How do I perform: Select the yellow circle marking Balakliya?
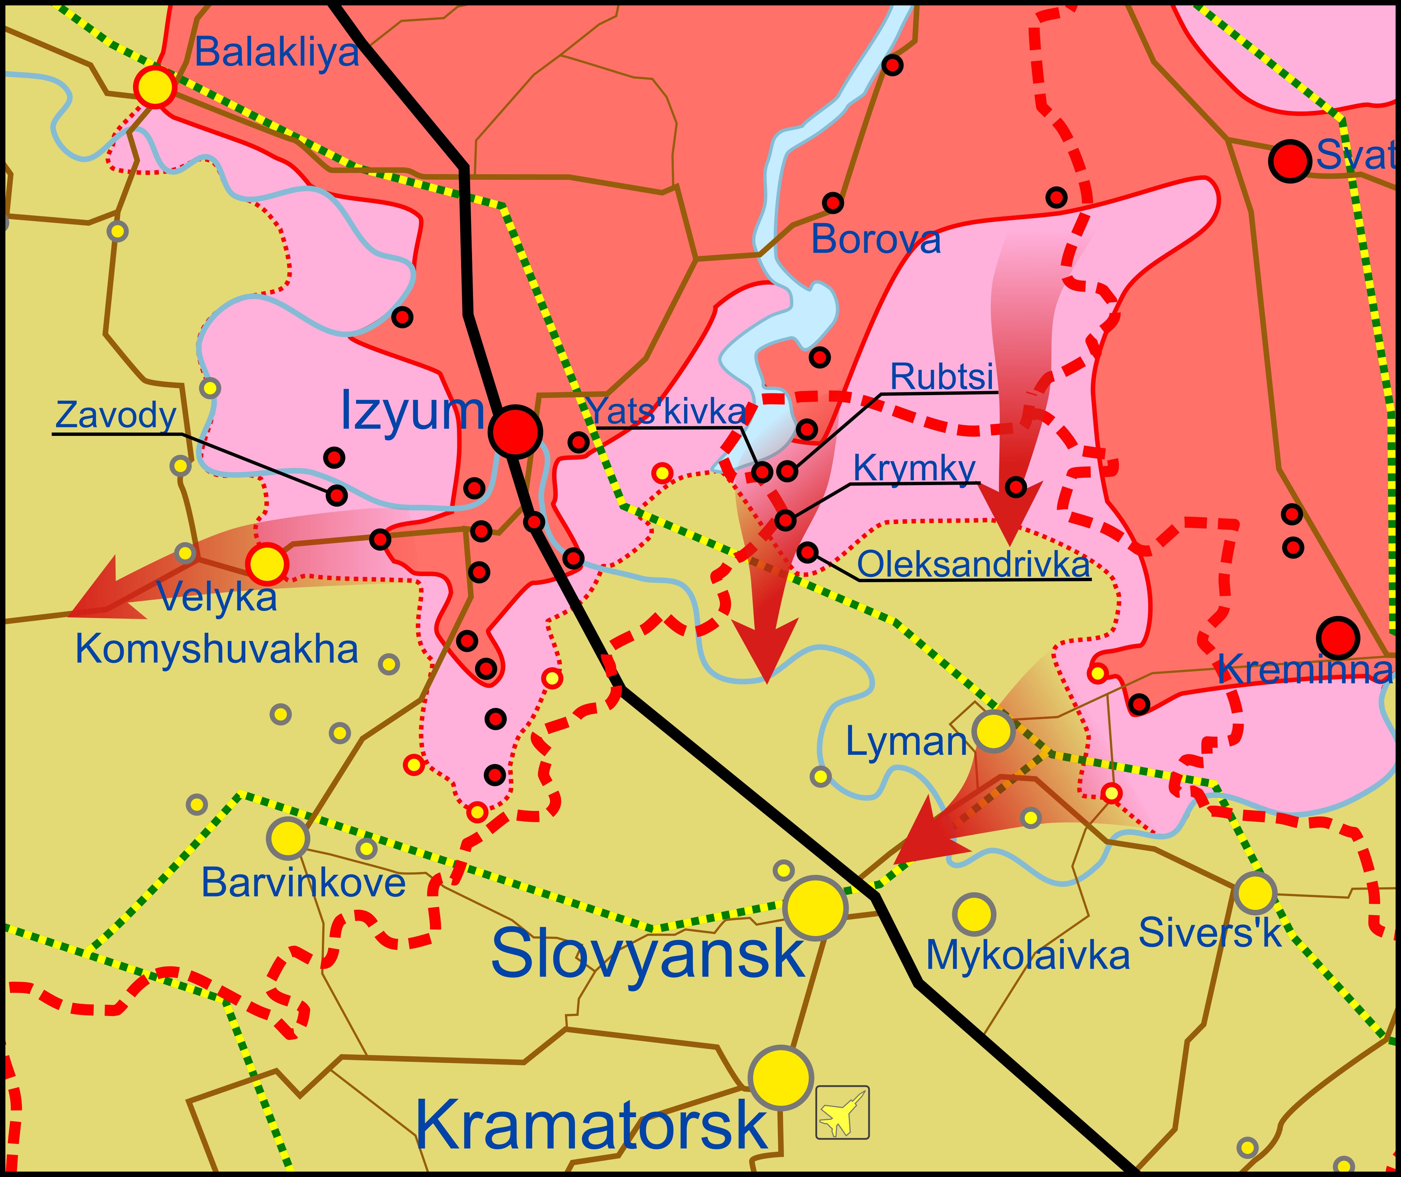[155, 87]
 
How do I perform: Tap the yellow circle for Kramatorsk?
[780, 1078]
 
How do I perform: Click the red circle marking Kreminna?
[1338, 638]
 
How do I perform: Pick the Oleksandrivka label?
[973, 564]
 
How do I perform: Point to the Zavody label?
[116, 415]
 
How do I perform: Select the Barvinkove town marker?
[288, 838]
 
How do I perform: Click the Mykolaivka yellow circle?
[974, 914]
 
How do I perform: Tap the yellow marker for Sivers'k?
[1255, 893]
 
